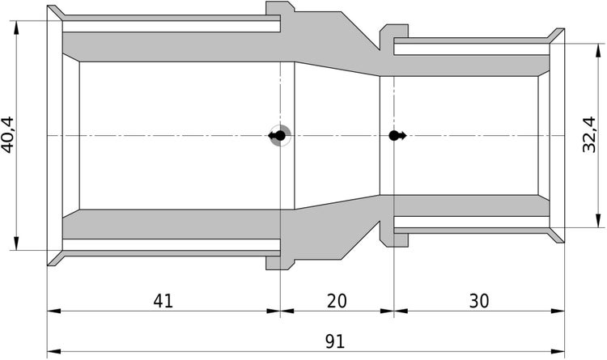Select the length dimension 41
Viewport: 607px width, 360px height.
coord(163,301)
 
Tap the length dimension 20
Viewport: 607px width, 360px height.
coord(337,301)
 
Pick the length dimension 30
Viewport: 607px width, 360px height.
coord(478,301)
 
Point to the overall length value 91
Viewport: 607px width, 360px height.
coord(334,342)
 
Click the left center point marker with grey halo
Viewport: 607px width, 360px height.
coord(279,136)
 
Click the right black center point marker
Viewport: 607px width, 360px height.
coord(395,136)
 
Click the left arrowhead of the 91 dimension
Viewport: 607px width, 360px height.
coord(53,352)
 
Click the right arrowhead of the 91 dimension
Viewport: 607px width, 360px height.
coord(558,352)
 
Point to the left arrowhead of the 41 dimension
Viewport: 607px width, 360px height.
coord(53,311)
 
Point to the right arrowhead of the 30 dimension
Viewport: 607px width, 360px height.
coord(558,311)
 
